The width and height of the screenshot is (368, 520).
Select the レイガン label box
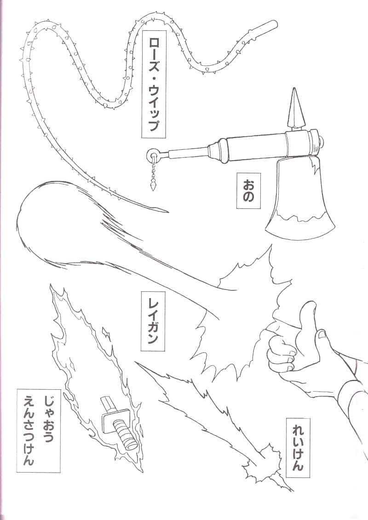(x=153, y=321)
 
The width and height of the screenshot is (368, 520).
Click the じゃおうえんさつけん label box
(x=39, y=430)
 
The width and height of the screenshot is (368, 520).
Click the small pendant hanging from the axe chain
(x=154, y=186)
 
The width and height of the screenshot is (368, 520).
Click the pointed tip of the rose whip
(x=165, y=211)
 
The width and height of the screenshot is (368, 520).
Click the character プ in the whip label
(x=154, y=125)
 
